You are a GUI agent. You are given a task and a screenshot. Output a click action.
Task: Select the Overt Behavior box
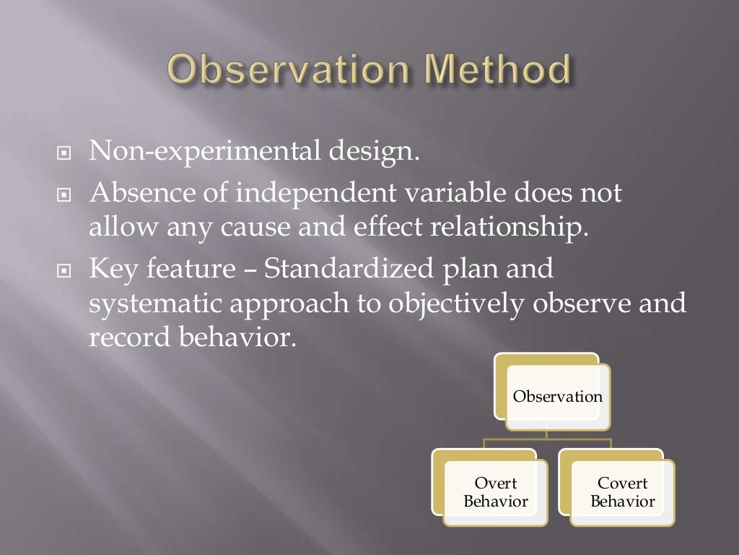pyautogui.click(x=495, y=492)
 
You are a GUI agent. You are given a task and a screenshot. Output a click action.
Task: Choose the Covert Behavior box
pyautogui.click(x=622, y=492)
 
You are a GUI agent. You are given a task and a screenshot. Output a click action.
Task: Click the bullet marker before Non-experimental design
pyautogui.click(x=64, y=154)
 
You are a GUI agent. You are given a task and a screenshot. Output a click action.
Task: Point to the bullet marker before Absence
pyautogui.click(x=64, y=195)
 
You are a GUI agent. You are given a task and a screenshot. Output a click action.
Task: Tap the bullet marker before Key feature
pyautogui.click(x=64, y=272)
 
